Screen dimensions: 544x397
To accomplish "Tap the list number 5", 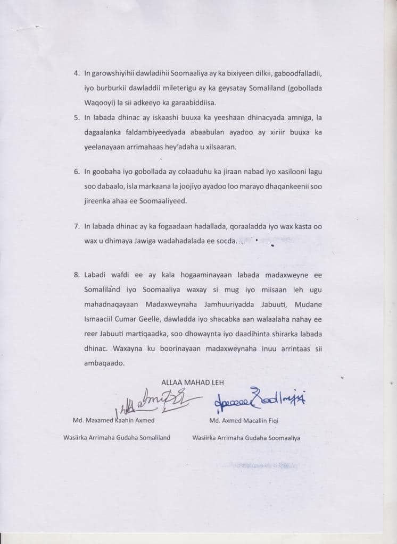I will (x=76, y=116).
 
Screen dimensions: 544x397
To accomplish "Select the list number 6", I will (x=76, y=172).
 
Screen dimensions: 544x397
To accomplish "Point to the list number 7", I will (x=76, y=227).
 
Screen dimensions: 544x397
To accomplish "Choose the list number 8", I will (x=76, y=275).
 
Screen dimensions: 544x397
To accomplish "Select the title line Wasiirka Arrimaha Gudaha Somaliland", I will (x=117, y=438).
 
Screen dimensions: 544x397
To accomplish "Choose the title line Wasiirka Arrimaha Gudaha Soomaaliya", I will (x=246, y=438).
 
